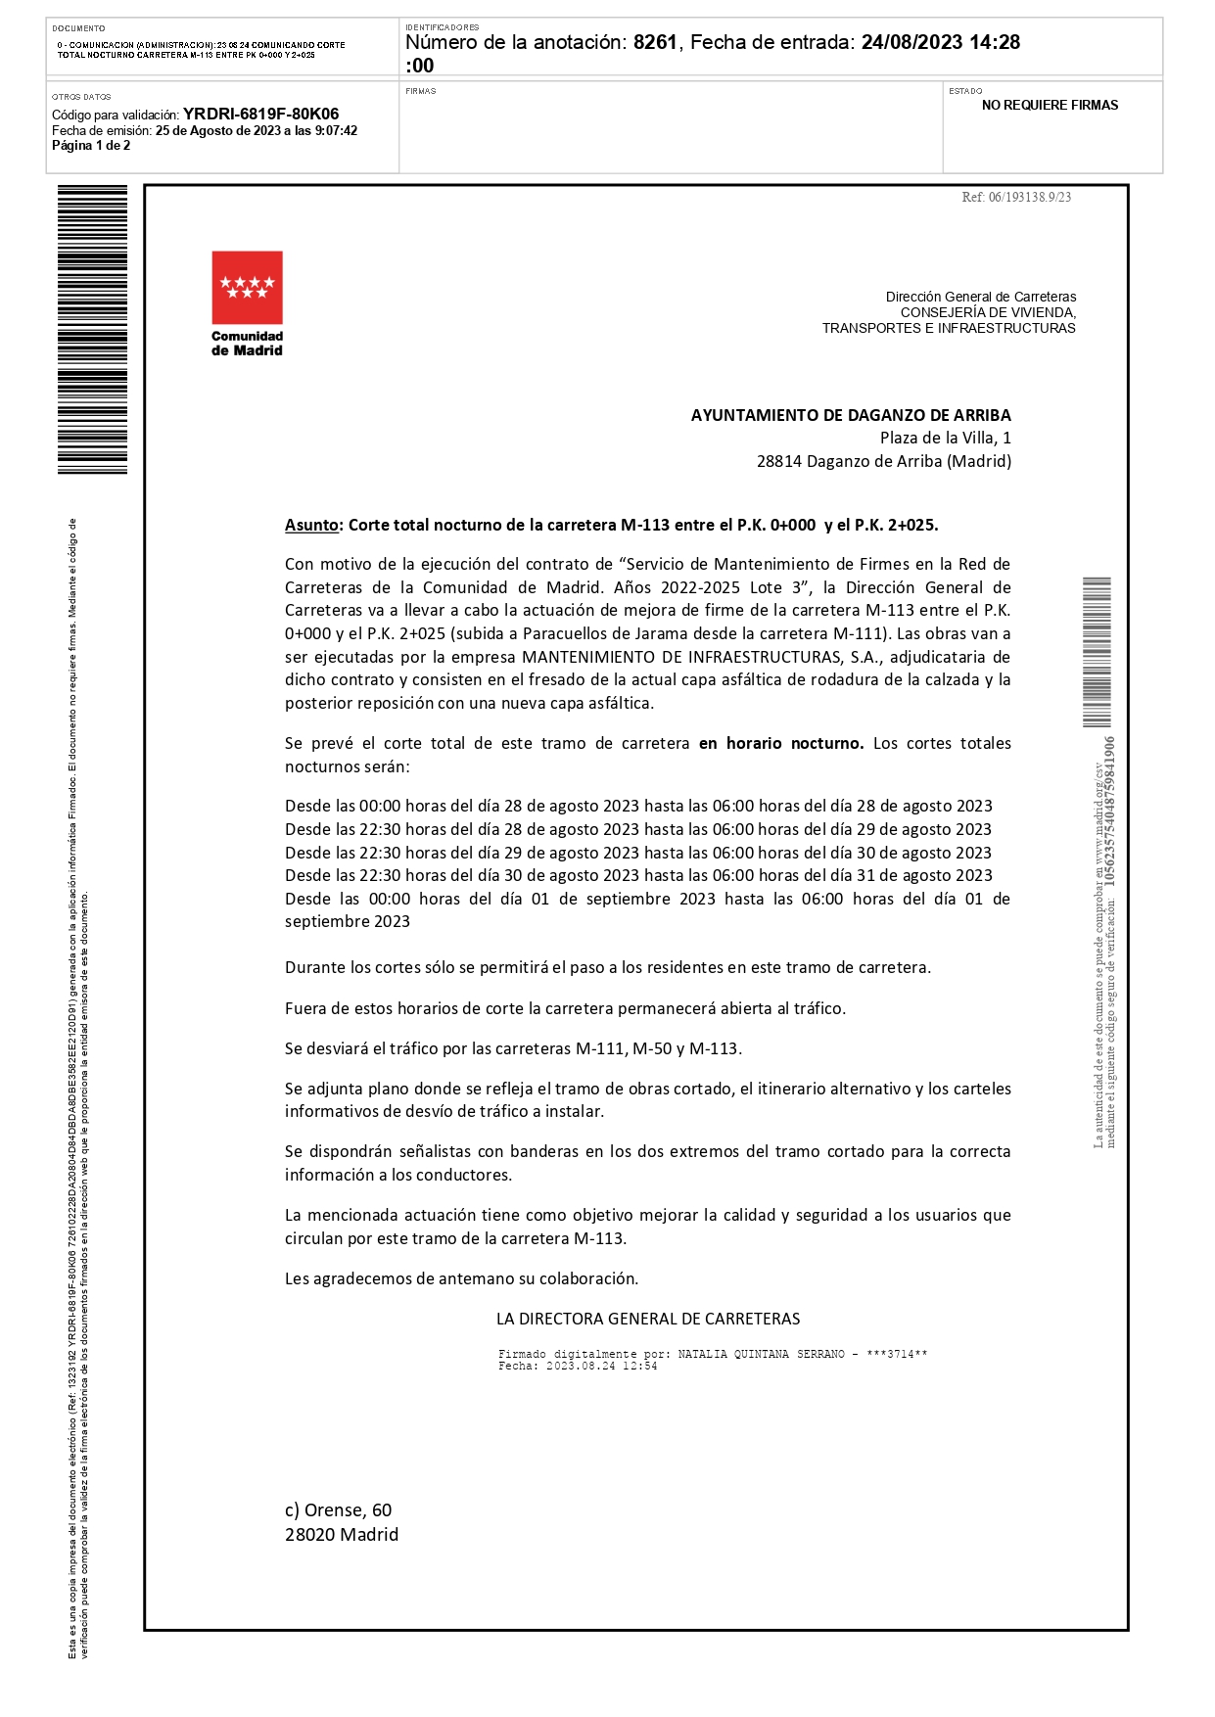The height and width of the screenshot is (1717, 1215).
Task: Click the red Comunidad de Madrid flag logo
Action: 247,287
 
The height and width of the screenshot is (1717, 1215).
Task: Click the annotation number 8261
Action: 655,42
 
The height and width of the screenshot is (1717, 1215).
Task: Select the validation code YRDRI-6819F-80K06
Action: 260,115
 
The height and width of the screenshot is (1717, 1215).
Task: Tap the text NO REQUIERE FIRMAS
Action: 1050,106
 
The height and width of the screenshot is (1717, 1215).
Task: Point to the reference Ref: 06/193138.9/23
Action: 1016,197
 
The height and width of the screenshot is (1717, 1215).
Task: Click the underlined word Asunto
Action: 311,525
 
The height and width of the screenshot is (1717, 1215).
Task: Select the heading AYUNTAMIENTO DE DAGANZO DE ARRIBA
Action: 851,415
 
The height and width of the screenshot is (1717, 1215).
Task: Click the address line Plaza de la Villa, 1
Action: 945,438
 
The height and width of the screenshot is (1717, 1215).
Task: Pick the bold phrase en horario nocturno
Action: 780,743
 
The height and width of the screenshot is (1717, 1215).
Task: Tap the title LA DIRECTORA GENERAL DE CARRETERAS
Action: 648,1319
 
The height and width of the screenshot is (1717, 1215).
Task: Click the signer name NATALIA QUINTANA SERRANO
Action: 761,1354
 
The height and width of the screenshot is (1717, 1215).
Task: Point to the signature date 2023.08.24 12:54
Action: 601,1366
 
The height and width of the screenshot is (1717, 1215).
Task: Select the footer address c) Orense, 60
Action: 338,1510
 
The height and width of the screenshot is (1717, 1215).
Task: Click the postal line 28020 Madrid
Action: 341,1534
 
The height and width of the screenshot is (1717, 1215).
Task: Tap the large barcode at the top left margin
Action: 92,329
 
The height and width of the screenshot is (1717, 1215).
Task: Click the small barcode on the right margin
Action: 1097,652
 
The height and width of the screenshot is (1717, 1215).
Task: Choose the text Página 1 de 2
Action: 91,146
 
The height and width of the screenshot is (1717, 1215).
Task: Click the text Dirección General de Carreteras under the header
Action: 980,297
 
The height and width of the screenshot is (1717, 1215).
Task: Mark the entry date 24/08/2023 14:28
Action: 940,42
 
